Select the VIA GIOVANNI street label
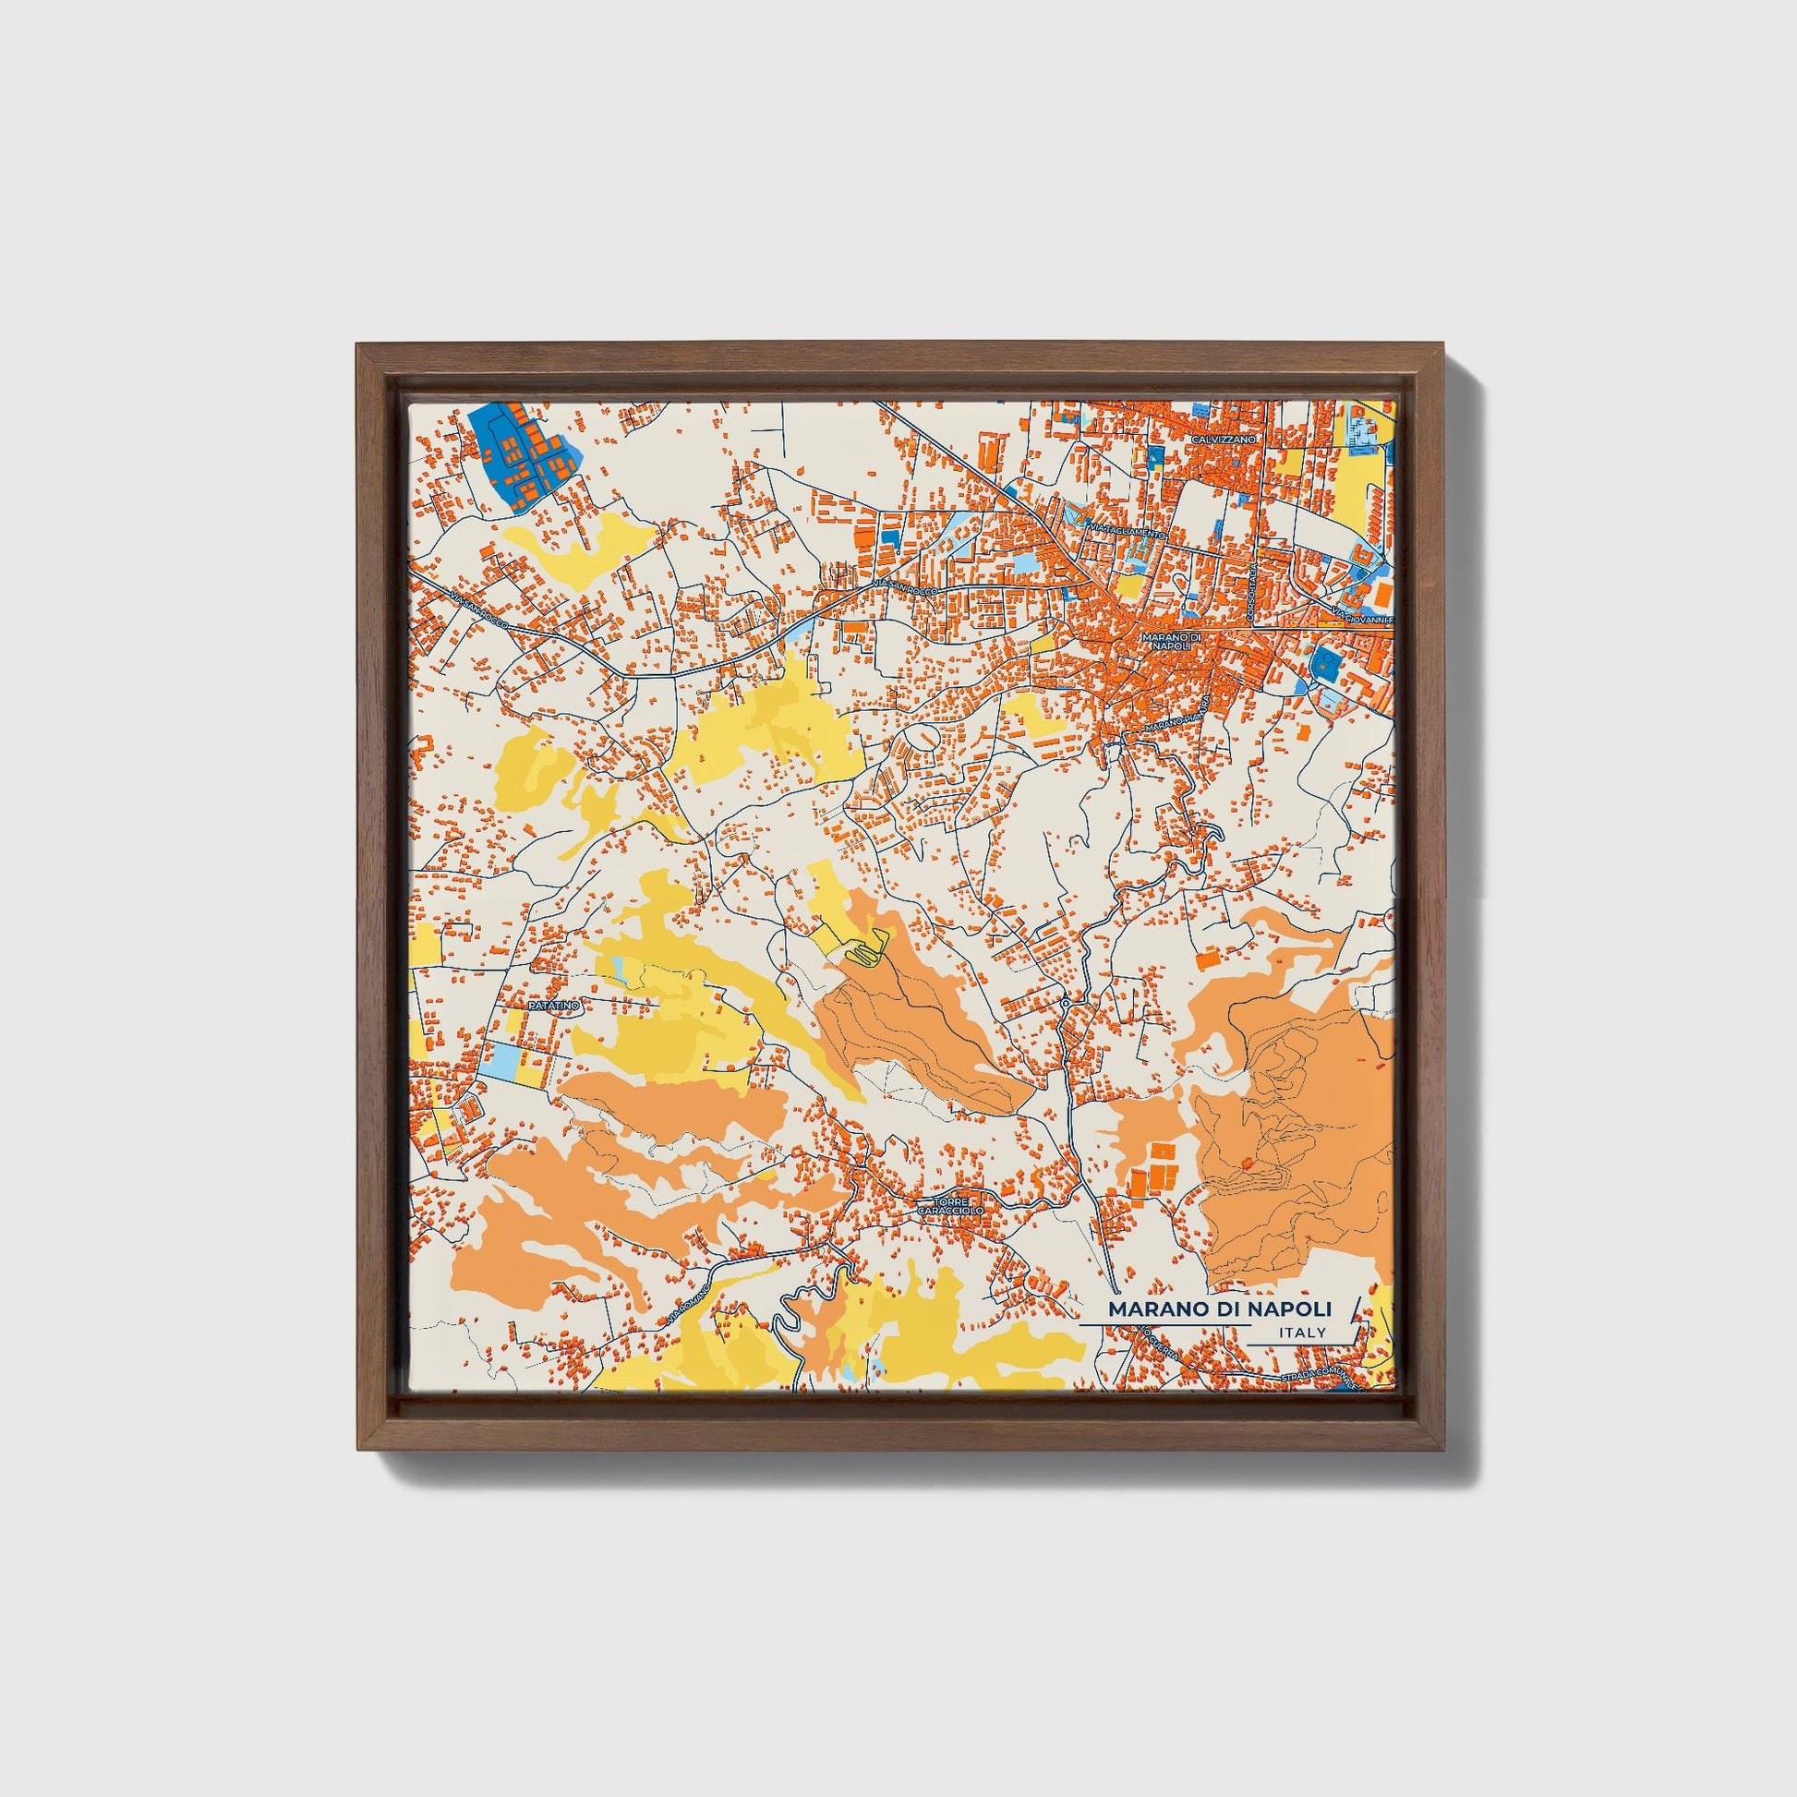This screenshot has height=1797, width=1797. (x=1363, y=615)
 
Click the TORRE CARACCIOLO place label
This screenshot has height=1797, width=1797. (x=949, y=1207)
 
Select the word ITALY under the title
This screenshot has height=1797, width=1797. (x=1302, y=1333)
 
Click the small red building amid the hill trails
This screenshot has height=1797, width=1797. (x=1247, y=1163)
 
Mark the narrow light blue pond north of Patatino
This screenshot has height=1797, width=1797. (x=617, y=973)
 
